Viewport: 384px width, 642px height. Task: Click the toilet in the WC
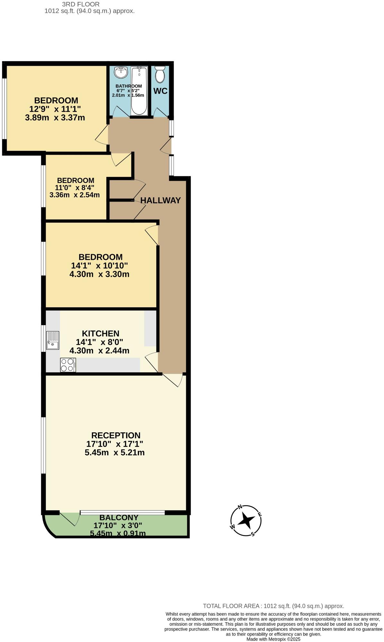160,74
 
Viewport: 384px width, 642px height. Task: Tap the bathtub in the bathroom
139,91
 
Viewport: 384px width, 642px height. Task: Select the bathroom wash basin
121,72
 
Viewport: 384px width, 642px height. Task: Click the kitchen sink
53,340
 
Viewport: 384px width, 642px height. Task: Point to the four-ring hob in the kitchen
68,365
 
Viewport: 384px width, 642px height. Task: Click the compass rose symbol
246,521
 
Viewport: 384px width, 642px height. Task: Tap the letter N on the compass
240,507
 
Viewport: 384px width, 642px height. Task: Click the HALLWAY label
161,200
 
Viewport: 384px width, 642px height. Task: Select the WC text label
160,91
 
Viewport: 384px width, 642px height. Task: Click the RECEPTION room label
116,435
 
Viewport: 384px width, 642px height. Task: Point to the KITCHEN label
100,334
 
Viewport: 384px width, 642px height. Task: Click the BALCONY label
119,517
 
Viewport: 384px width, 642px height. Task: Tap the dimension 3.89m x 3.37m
55,117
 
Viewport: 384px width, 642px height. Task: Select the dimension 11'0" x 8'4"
74,187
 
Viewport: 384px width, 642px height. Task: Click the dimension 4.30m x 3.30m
99,274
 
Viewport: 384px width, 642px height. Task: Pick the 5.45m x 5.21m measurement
115,453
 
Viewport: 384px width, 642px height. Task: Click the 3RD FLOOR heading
81,4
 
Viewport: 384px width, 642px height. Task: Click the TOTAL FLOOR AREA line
273,606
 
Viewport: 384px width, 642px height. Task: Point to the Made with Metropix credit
273,639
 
